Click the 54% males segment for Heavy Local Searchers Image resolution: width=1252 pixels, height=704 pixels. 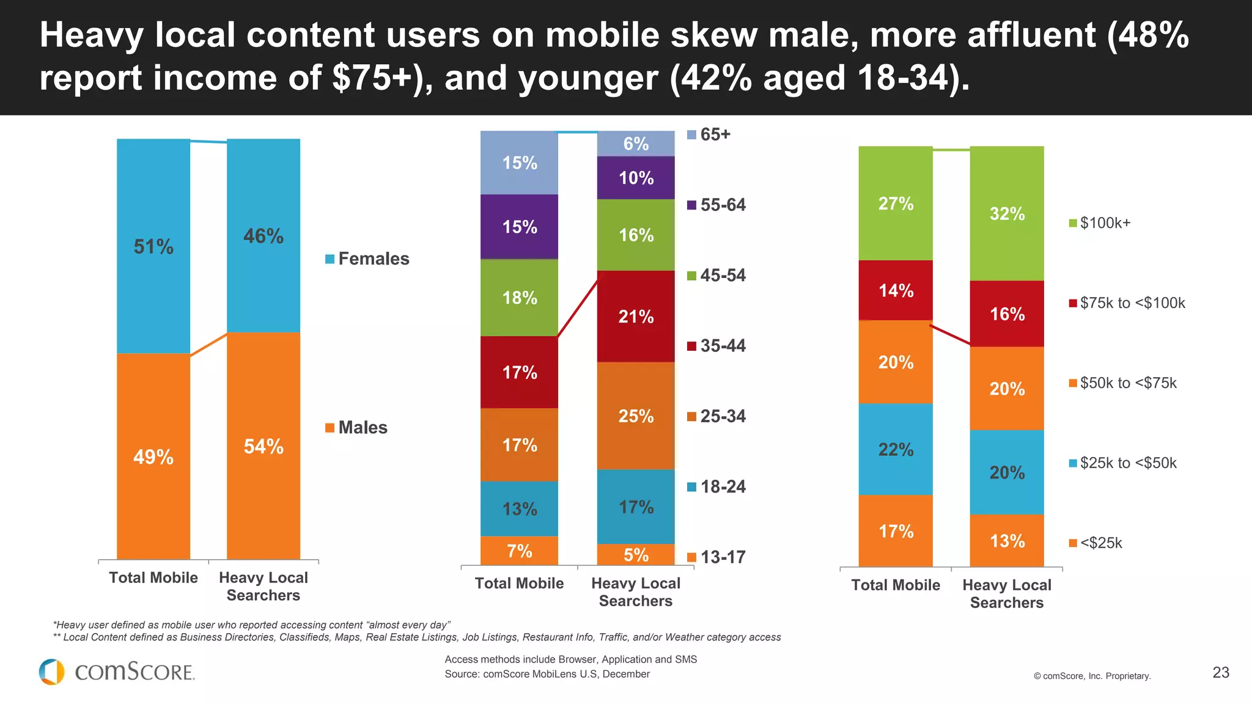[x=263, y=446]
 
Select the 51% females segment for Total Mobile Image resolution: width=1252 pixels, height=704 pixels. [x=153, y=246]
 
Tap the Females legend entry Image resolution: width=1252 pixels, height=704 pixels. [x=367, y=258]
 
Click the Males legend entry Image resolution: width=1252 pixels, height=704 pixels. [x=356, y=427]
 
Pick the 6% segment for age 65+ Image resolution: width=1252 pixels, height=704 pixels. [x=636, y=144]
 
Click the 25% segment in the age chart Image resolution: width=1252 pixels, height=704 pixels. [x=636, y=416]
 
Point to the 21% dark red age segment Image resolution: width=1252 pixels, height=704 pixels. [x=636, y=316]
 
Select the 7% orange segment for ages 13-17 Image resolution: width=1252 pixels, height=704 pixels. [x=519, y=551]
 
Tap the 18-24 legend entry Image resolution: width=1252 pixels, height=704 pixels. [x=716, y=486]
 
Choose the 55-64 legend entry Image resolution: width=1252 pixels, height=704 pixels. [x=716, y=205]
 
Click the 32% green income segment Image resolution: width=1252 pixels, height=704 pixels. [x=1007, y=213]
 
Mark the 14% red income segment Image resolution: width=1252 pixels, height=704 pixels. [x=896, y=290]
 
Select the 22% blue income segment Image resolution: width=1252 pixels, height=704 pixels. [x=896, y=449]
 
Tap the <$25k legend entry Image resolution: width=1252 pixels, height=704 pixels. [x=1095, y=543]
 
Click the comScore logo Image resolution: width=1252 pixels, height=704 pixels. [x=117, y=672]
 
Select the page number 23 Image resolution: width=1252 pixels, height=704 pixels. [x=1220, y=672]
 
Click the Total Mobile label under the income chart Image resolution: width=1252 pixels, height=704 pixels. [x=896, y=585]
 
